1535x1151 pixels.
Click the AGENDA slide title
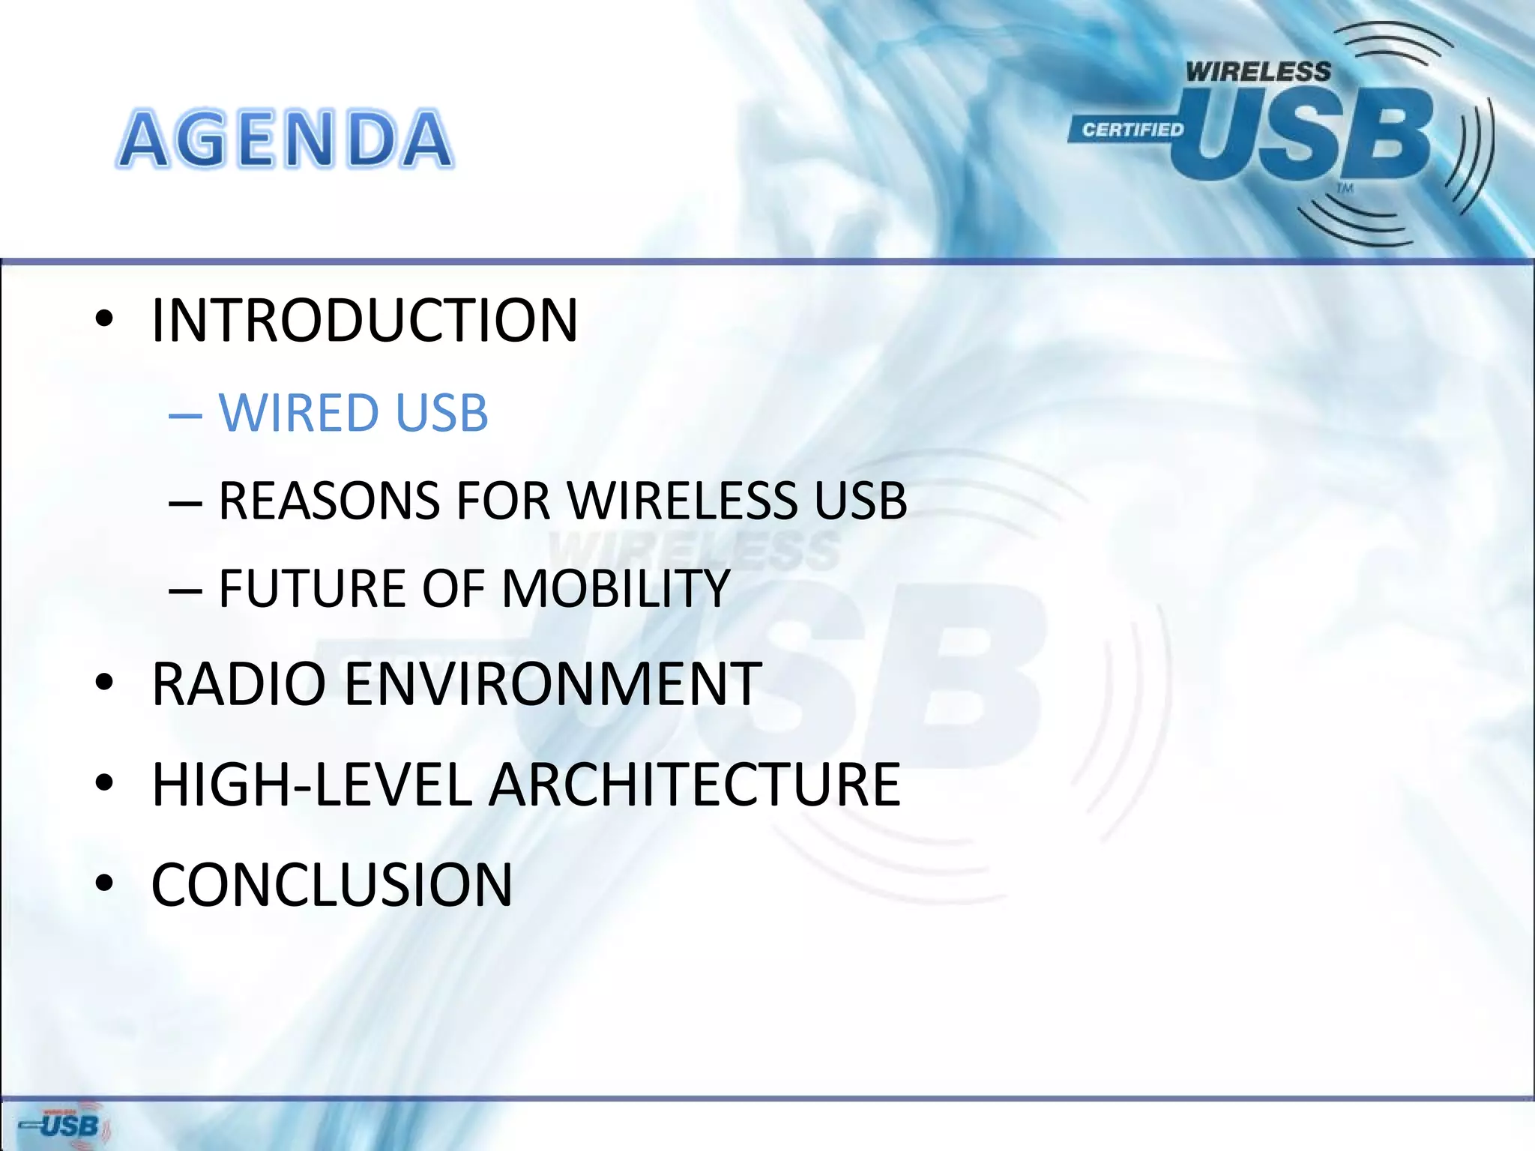pyautogui.click(x=286, y=139)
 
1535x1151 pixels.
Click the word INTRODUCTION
pyautogui.click(x=364, y=321)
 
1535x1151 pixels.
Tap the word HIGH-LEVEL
pyautogui.click(x=312, y=785)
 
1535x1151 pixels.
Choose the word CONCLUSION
pyautogui.click(x=332, y=885)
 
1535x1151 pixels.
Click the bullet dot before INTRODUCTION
pyautogui.click(x=104, y=321)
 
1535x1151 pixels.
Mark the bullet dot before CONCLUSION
pyautogui.click(x=104, y=885)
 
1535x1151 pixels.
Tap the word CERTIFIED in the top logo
pyautogui.click(x=1132, y=130)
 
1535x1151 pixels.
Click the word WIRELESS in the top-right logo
pyautogui.click(x=1258, y=72)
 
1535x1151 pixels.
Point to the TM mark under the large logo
pyautogui.click(x=1345, y=187)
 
